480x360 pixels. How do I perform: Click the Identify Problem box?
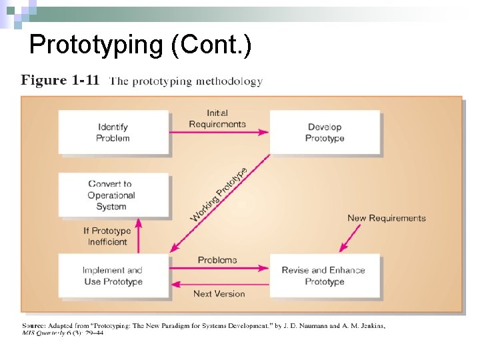tap(113, 132)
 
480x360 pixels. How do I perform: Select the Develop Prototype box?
tap(325, 132)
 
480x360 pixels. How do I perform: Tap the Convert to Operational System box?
tap(113, 195)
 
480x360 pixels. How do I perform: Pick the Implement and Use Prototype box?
tap(113, 275)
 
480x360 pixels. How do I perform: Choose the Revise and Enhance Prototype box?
tap(324, 275)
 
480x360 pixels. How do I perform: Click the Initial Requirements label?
tap(217, 119)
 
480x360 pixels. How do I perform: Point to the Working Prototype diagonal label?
tap(219, 195)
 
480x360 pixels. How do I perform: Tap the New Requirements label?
tap(386, 218)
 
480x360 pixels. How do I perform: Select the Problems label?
tap(217, 260)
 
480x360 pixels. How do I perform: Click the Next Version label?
tap(219, 293)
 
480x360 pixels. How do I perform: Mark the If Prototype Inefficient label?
tap(107, 236)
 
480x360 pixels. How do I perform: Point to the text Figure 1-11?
tap(60, 81)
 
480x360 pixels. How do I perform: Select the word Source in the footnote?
tap(37, 325)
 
